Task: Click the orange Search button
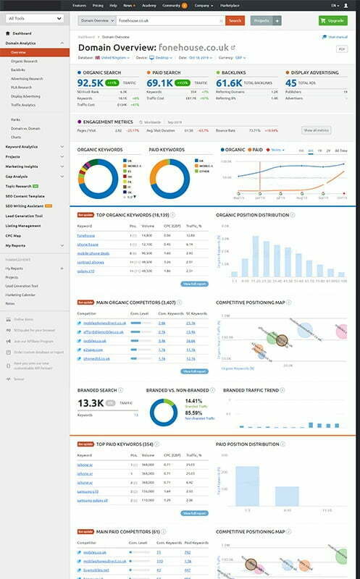click(234, 20)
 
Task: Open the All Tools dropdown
click(34, 17)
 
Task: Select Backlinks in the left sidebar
click(19, 69)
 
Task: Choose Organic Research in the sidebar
click(26, 62)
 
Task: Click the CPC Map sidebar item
click(14, 235)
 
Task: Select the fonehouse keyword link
click(87, 235)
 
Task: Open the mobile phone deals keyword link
click(94, 253)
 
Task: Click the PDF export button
click(341, 48)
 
